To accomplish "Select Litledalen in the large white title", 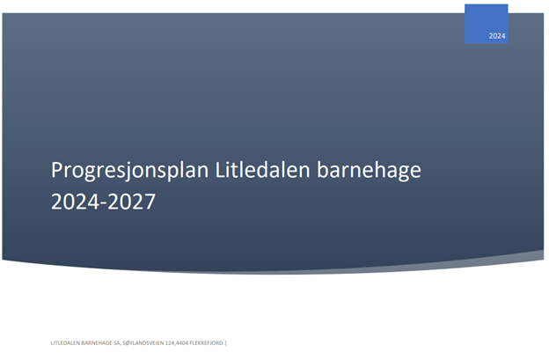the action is [262, 170].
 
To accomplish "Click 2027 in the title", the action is [131, 202].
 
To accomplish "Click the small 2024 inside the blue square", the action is [497, 36].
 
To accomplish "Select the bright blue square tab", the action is [486, 24].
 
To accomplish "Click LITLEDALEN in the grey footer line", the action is [65, 343].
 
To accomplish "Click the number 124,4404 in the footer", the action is [177, 343].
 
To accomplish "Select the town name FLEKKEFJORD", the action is [206, 343].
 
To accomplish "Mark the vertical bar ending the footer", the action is [226, 343].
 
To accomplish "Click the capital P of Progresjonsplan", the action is [56, 170].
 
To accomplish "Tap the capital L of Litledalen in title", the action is [219, 170].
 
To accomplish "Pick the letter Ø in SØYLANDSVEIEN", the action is [128, 343].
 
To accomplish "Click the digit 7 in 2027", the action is [150, 202].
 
